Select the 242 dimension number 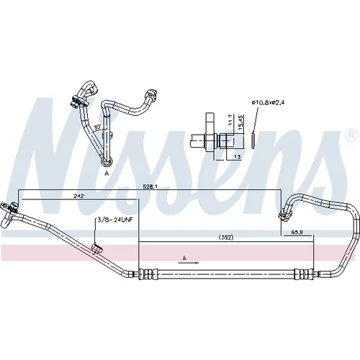point(78,196)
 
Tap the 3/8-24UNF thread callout point(114,220)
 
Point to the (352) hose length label point(226,238)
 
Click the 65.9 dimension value point(297,232)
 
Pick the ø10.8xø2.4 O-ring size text point(268,102)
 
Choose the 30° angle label point(97,127)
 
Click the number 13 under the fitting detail point(237,157)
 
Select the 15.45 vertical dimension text point(241,122)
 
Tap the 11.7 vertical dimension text point(230,120)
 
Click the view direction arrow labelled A point(189,263)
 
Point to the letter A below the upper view point(107,174)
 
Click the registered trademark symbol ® point(351,136)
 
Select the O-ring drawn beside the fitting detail point(253,140)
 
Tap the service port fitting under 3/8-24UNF point(97,248)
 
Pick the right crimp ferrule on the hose point(304,274)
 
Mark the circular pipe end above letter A point(106,162)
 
